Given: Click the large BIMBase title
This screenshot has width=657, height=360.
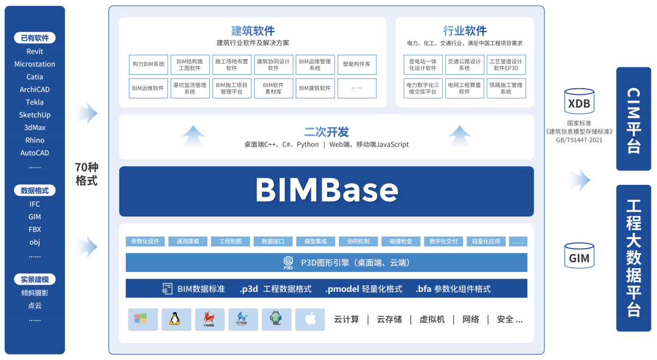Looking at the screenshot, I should coord(327,190).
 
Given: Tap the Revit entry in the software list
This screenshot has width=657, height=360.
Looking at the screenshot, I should coord(35,52).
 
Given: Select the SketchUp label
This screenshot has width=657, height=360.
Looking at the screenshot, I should coord(35,115).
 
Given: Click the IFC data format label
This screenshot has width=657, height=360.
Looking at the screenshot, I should coord(35,204).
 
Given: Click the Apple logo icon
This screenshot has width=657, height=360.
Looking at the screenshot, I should coord(310,319).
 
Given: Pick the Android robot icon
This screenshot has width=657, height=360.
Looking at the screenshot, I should coord(277,319).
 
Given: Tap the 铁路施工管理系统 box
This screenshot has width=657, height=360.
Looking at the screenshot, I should coord(506,88).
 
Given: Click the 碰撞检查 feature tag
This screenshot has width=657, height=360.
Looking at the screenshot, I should coord(401,241).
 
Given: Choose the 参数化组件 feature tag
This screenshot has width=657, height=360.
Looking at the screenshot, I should coord(145,241).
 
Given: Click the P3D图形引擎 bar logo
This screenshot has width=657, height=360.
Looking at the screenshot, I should coord(288,263).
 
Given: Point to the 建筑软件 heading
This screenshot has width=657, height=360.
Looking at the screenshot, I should coord(253,31).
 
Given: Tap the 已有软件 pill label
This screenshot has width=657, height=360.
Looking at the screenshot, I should coord(35,38).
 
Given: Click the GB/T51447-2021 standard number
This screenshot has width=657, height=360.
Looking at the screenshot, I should coord(579,139).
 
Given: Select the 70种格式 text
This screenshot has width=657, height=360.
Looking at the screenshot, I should coord(86,173).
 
